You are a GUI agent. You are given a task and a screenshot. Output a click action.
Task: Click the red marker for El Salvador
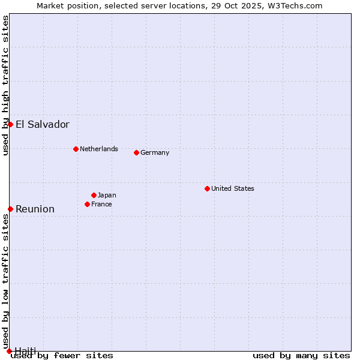10,124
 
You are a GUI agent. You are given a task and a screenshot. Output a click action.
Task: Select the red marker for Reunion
10,209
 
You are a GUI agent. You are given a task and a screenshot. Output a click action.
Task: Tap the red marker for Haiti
9,351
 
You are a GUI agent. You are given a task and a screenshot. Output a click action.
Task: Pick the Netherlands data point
76,149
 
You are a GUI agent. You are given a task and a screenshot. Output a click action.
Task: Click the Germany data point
136,152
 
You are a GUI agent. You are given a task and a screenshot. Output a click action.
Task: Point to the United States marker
207,188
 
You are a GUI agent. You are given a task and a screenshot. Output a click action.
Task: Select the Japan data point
94,195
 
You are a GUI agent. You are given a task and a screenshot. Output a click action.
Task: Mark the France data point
87,204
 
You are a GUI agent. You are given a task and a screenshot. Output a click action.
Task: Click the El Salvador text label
42,125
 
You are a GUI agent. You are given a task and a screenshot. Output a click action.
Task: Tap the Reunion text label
35,209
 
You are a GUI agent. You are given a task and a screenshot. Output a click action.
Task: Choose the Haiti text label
26,350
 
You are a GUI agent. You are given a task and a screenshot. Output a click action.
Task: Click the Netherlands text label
99,149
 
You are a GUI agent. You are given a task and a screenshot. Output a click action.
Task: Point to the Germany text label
155,152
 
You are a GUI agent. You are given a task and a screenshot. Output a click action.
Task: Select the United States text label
233,188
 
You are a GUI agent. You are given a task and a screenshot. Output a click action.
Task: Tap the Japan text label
107,195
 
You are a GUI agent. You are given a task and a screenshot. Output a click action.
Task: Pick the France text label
101,204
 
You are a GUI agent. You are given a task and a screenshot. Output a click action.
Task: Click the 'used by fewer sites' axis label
62,355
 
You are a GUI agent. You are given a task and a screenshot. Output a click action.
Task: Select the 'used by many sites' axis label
301,355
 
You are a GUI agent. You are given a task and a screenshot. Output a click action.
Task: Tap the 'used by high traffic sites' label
5,85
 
